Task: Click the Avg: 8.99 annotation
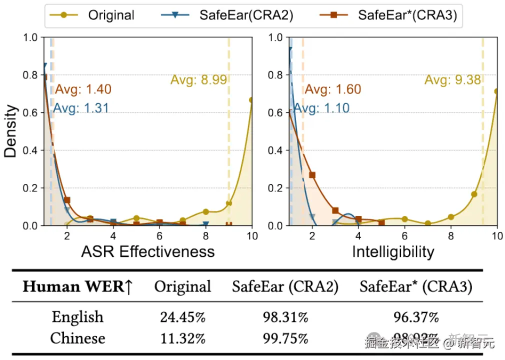pos(198,79)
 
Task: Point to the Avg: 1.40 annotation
pos(83,90)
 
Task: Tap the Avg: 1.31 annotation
pos(81,108)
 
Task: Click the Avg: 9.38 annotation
pos(453,79)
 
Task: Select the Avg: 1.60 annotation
pos(333,89)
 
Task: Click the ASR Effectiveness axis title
pos(148,251)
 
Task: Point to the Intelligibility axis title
pos(393,251)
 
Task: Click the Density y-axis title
pos(11,131)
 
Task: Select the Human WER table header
pos(77,286)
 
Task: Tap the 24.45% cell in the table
pos(183,317)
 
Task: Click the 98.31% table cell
pos(285,317)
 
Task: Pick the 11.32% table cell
pos(183,338)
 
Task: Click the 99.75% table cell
pos(285,338)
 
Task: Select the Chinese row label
pos(77,338)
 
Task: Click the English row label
pos(77,317)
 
